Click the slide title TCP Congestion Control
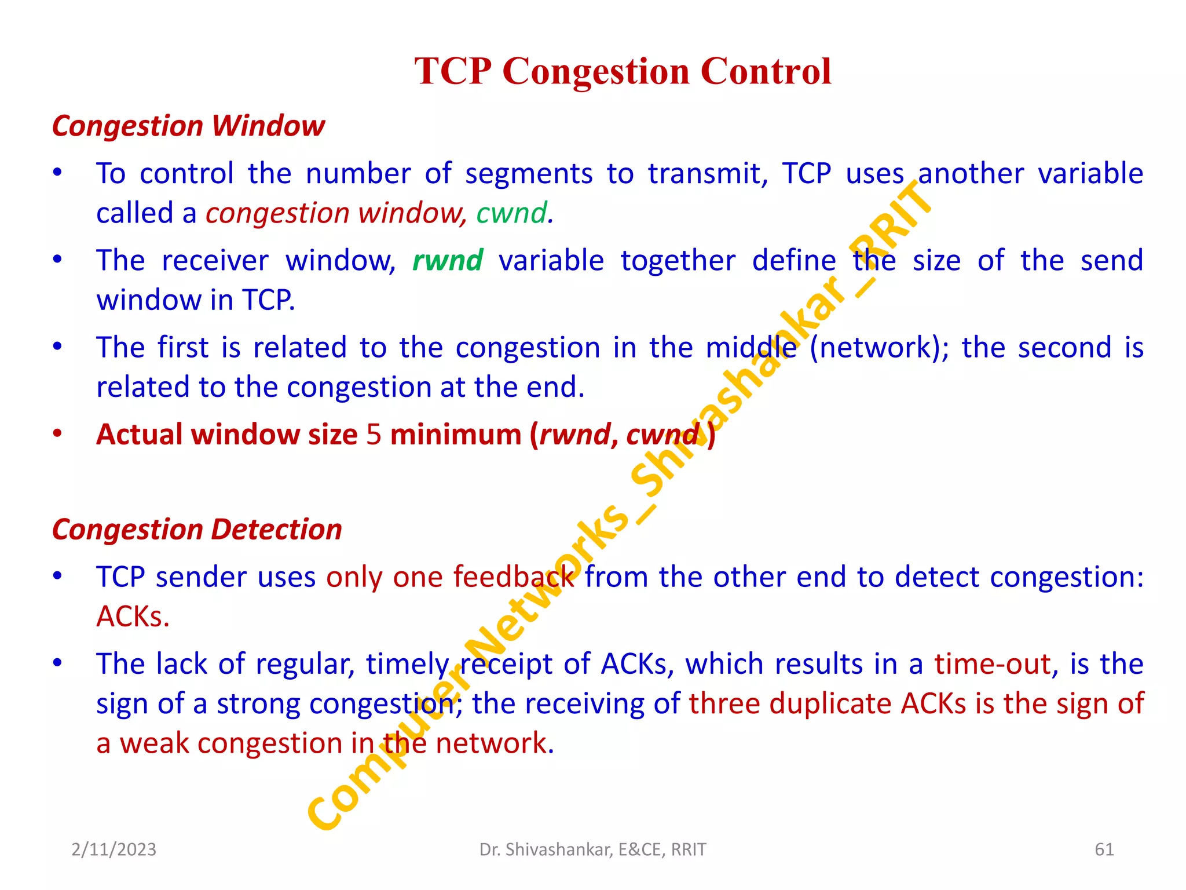(623, 71)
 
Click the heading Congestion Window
(188, 126)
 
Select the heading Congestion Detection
(197, 529)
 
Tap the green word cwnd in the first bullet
(511, 213)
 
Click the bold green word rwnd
(447, 260)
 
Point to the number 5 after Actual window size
(374, 435)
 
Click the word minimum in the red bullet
(456, 435)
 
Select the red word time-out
(993, 664)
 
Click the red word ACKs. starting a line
(133, 617)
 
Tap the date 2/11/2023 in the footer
(114, 849)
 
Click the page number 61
(1104, 849)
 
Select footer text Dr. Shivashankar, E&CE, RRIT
(592, 849)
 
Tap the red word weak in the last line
(154, 743)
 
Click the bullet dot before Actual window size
(57, 433)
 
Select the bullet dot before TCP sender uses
(57, 576)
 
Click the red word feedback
(514, 577)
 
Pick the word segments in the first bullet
(528, 174)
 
